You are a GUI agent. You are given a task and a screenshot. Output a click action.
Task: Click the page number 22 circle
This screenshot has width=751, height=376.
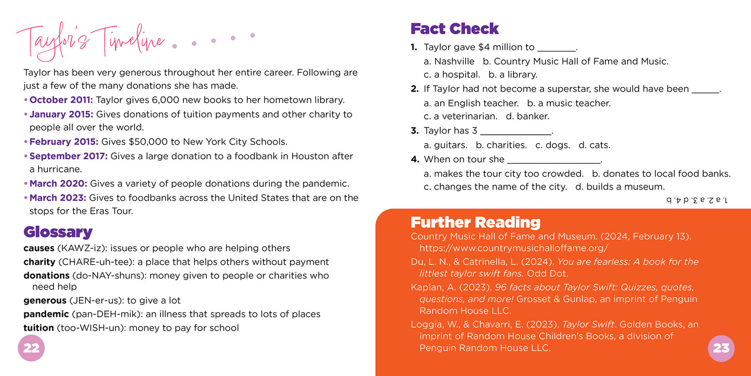pyautogui.click(x=32, y=348)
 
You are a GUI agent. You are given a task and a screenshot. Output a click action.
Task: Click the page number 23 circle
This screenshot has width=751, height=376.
pyautogui.click(x=721, y=348)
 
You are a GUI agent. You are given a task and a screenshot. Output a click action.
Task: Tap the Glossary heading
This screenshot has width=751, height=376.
pyautogui.click(x=58, y=232)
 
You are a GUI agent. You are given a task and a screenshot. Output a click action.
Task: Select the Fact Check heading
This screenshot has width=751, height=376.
pyautogui.click(x=454, y=29)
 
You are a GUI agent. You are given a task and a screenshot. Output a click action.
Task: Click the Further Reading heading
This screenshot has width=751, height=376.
pyautogui.click(x=475, y=223)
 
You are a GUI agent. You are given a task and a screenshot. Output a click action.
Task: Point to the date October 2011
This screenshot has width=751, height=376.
pyautogui.click(x=61, y=100)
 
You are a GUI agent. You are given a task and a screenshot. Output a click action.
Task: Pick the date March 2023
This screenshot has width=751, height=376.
pyautogui.click(x=58, y=198)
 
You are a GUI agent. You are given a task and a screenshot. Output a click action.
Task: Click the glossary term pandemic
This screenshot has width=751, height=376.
pyautogui.click(x=46, y=314)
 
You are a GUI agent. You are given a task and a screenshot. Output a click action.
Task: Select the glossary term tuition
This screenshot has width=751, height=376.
pyautogui.click(x=38, y=328)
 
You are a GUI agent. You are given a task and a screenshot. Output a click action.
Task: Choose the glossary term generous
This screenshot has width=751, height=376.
pyautogui.click(x=45, y=301)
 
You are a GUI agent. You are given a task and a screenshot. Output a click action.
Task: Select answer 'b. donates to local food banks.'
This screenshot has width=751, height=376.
pyautogui.click(x=661, y=174)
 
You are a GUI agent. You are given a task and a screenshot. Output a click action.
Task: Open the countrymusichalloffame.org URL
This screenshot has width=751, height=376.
pyautogui.click(x=513, y=248)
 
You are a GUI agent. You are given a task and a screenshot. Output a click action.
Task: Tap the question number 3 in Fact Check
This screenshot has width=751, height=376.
pyautogui.click(x=414, y=131)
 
